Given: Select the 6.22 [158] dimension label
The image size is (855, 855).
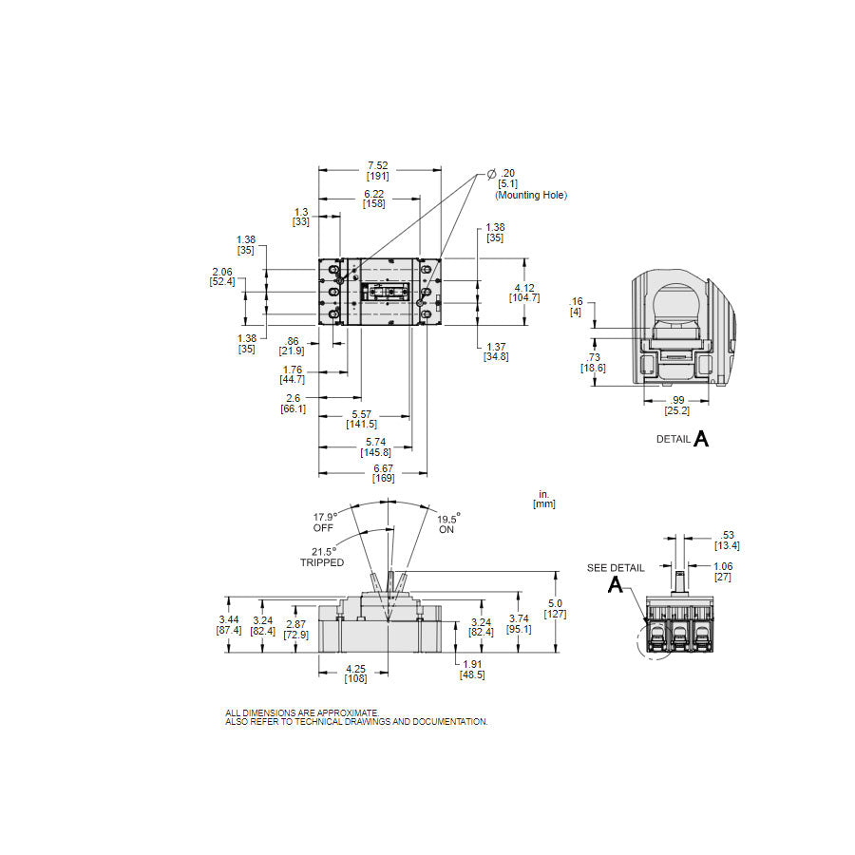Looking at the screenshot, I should (x=373, y=198).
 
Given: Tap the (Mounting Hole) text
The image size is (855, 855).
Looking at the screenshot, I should (x=530, y=195).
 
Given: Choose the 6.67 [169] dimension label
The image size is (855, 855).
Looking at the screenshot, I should (x=383, y=473).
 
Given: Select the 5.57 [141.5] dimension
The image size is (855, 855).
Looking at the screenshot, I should (x=361, y=418).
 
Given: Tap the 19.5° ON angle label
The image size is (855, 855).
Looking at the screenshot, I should (x=447, y=523).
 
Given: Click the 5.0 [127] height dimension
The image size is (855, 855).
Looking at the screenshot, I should (x=557, y=608).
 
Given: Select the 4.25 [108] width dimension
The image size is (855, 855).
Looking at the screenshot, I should (x=354, y=673).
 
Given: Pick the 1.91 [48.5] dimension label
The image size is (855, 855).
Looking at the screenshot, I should (x=470, y=669).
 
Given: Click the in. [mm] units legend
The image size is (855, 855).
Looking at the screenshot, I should (x=544, y=499).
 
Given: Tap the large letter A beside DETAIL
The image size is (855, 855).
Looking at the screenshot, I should (x=701, y=438).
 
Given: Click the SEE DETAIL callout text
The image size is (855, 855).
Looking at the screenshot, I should (x=615, y=568).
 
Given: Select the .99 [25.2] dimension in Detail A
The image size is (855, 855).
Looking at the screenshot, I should (x=676, y=405).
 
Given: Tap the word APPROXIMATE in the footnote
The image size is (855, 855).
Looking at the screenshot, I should (x=349, y=712).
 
